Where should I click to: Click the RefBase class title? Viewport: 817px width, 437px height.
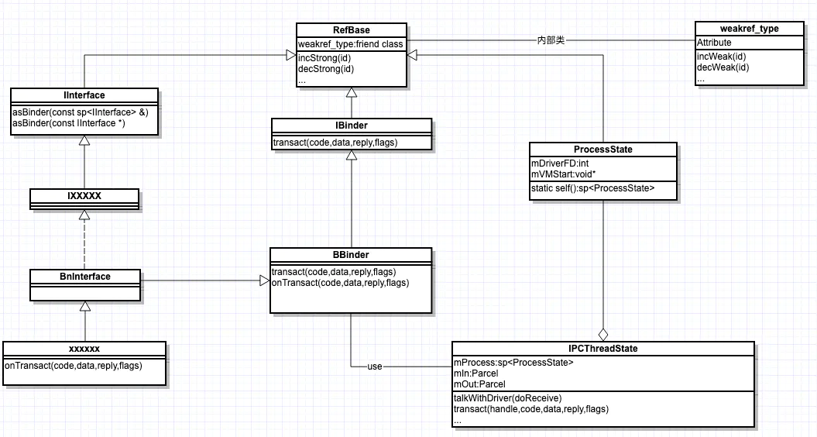coord(351,30)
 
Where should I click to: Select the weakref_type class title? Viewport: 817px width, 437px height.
coord(748,29)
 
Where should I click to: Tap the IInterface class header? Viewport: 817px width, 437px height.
coord(84,95)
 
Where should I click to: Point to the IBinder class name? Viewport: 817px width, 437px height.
coord(351,125)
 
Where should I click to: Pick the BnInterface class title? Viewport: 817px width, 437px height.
coord(85,276)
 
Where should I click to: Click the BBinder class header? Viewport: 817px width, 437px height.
coord(350,254)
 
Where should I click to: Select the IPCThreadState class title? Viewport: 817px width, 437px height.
coord(602,349)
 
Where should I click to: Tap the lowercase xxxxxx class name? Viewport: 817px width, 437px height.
coord(84,349)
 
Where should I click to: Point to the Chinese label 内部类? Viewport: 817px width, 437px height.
coord(551,40)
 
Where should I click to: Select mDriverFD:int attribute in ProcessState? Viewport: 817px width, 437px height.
coord(560,163)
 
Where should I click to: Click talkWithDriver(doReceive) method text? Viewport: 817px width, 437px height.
coord(508,397)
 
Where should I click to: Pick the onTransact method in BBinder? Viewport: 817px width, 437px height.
coord(340,284)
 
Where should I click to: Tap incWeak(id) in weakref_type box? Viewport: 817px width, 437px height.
coord(723,57)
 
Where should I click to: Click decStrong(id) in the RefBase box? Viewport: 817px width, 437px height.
coord(326,69)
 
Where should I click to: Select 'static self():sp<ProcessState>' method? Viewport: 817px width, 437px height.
coord(593,188)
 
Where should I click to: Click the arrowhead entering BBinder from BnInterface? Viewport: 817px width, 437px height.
coord(264,280)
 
